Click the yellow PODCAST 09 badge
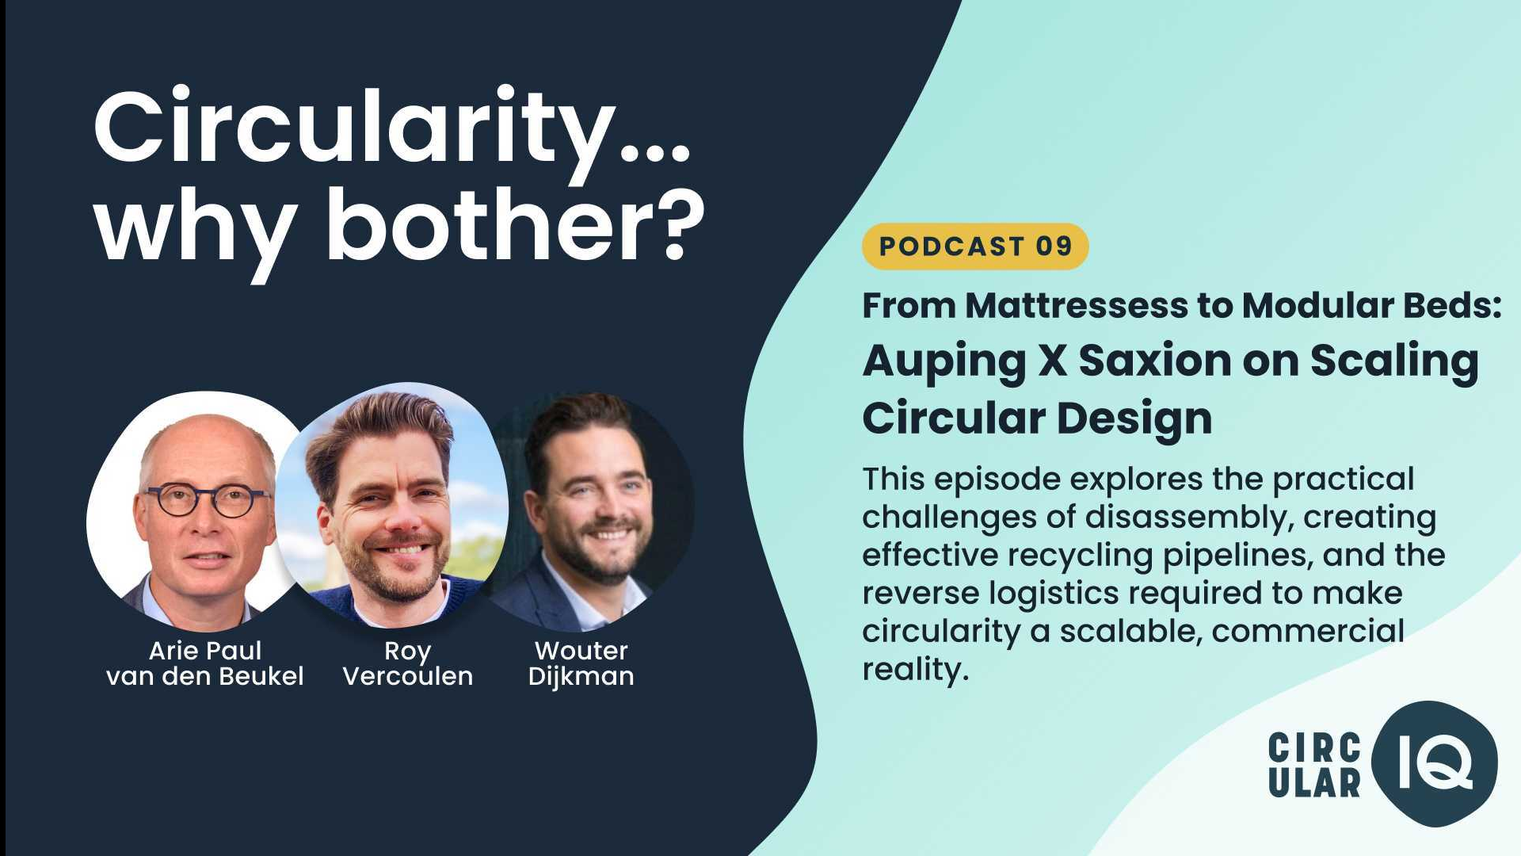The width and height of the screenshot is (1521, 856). point(975,246)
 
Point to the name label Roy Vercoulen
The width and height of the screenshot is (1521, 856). point(407,663)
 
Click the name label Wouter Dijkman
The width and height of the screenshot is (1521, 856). point(581,663)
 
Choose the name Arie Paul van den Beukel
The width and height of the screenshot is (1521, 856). point(204,663)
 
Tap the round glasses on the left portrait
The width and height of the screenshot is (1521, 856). point(208,501)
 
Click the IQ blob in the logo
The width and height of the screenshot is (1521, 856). point(1435,762)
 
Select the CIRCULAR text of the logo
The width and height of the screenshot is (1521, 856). point(1314,765)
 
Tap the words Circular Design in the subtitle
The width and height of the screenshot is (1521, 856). point(1037,418)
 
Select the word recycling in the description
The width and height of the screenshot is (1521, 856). point(1081,556)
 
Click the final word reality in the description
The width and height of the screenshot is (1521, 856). point(915,670)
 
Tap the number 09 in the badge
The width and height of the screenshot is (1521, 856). point(1054,246)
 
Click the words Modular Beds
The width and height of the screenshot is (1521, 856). point(1371,305)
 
